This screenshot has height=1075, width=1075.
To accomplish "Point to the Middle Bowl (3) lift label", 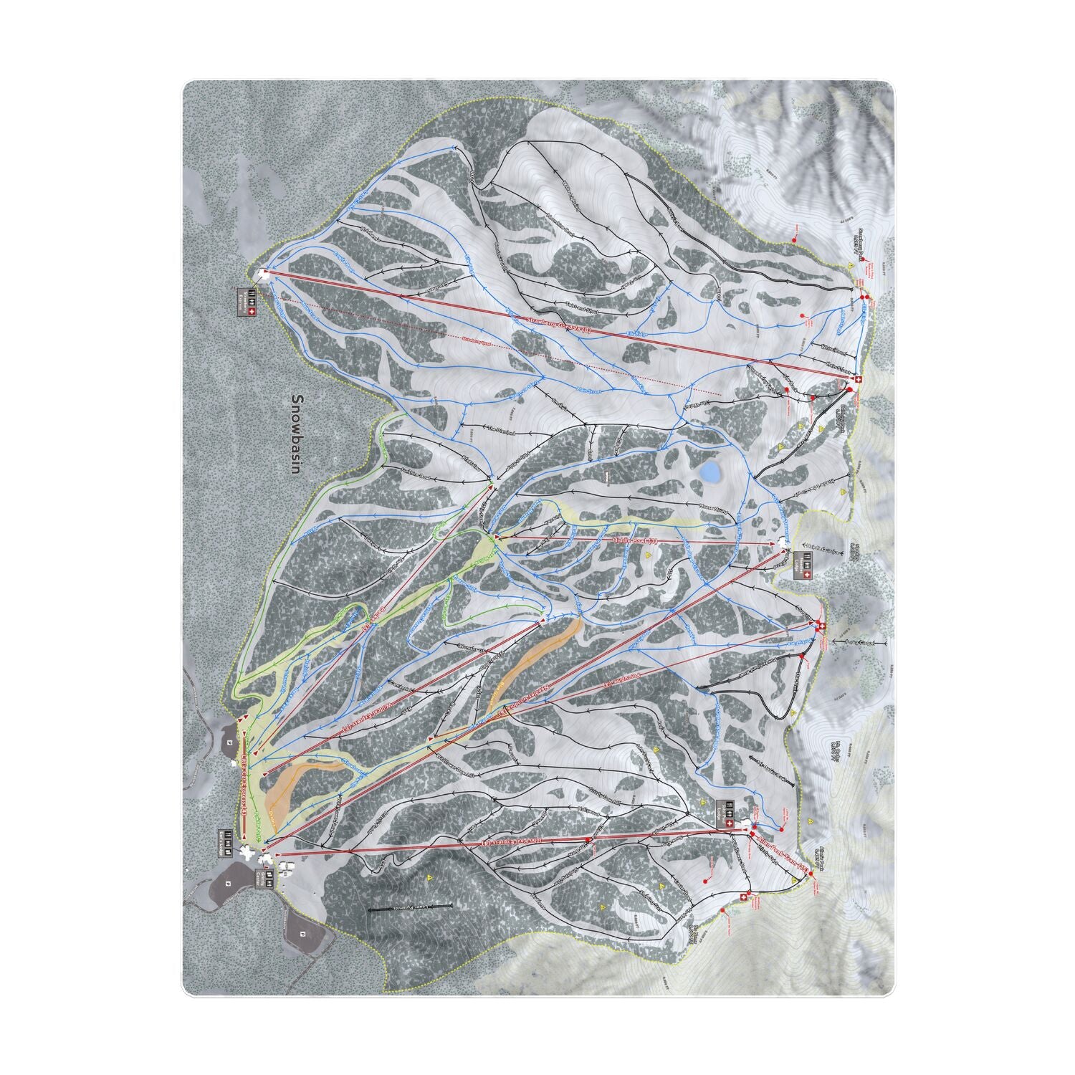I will [634, 542].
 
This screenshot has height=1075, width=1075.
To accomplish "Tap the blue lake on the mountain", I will [709, 472].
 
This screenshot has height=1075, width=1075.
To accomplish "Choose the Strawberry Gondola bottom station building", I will [263, 273].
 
